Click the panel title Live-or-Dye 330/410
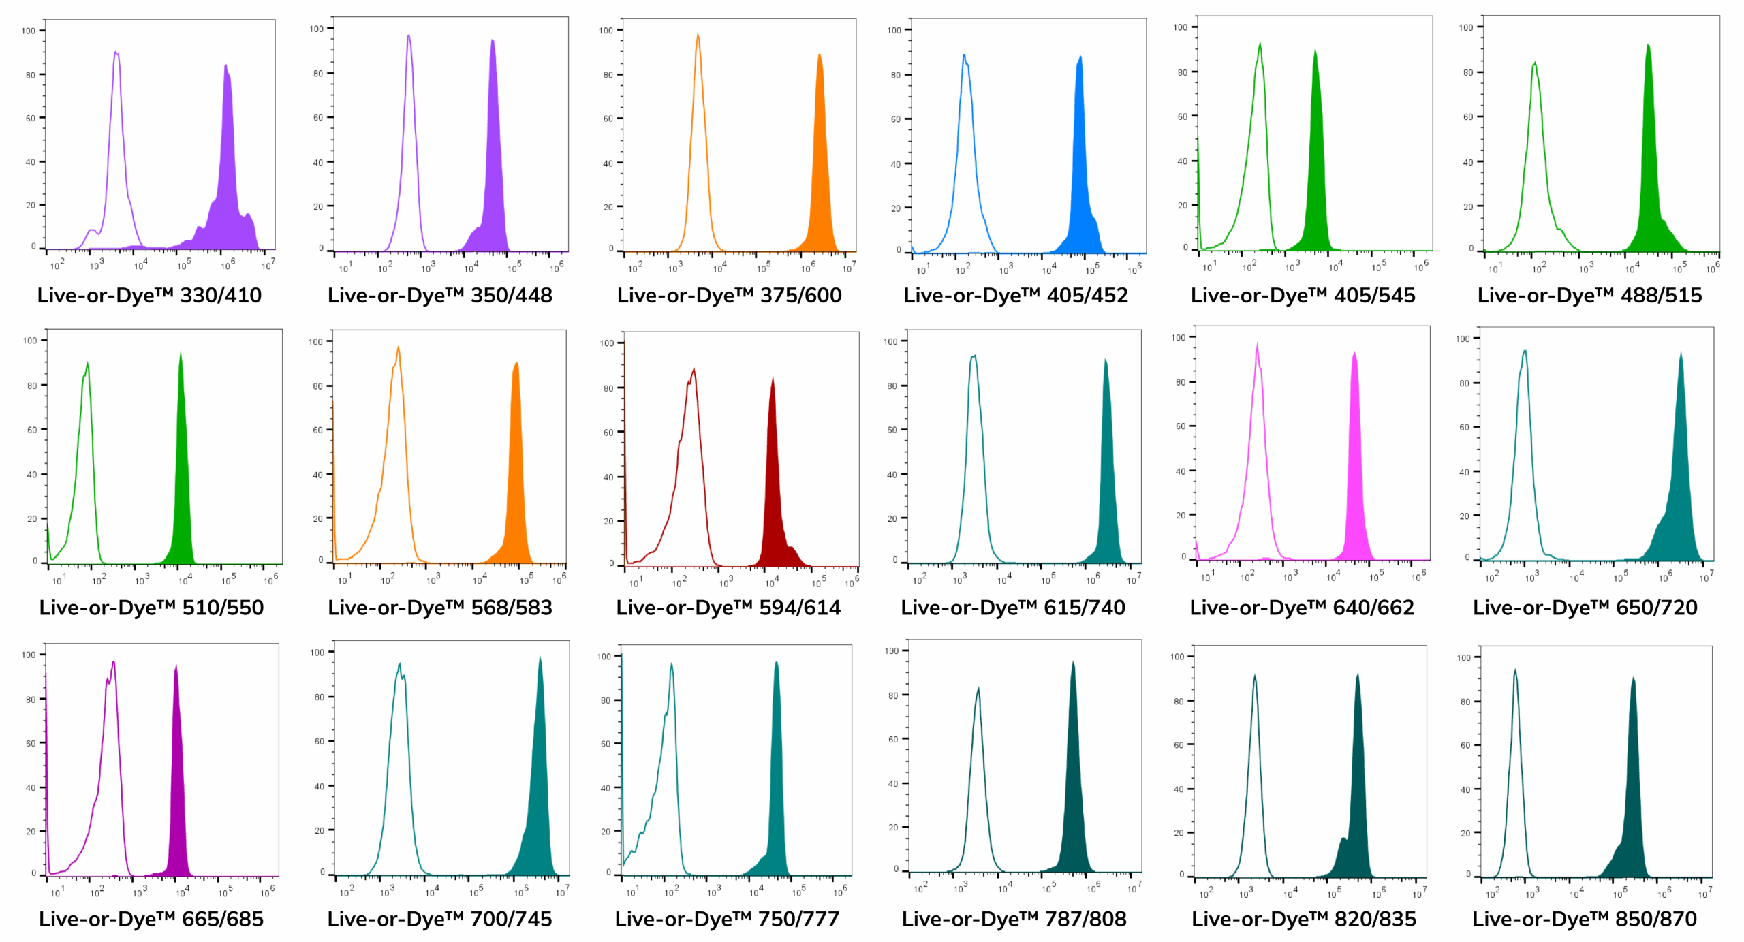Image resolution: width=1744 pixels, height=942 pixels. [149, 295]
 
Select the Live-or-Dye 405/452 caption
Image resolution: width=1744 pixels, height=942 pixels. [1016, 295]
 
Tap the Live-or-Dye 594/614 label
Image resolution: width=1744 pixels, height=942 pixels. [728, 607]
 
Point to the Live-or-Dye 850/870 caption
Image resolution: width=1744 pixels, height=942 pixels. [1585, 919]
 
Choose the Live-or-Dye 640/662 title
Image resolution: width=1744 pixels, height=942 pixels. [1302, 607]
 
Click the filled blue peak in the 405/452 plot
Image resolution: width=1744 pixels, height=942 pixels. [1080, 170]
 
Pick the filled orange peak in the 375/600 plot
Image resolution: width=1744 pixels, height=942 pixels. [820, 170]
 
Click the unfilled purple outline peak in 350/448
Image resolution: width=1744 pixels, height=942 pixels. [409, 136]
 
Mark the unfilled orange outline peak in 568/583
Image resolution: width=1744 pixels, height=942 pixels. [397, 443]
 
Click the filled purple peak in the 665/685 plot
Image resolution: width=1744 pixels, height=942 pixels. [176, 783]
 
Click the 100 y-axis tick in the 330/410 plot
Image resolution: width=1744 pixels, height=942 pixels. [29, 31]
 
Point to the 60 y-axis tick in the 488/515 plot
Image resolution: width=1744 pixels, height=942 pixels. [1468, 116]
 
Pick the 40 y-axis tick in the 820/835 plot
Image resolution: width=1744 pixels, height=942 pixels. [1179, 789]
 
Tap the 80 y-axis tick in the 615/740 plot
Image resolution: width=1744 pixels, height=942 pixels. [892, 386]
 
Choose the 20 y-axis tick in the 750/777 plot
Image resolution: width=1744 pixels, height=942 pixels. [605, 831]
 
